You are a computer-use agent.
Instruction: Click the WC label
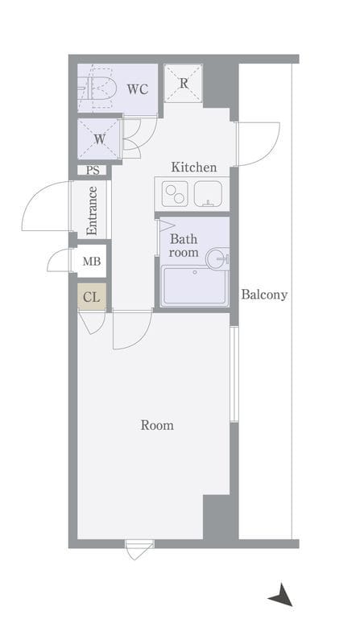pyautogui.click(x=137, y=89)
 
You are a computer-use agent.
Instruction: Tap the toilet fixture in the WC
pyautogui.click(x=97, y=89)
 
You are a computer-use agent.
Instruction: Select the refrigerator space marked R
pyautogui.click(x=184, y=83)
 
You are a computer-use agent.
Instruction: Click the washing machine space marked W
pyautogui.click(x=99, y=138)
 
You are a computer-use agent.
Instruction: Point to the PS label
pyautogui.click(x=93, y=170)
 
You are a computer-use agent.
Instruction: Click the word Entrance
pyautogui.click(x=92, y=211)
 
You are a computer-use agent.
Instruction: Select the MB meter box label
pyautogui.click(x=91, y=261)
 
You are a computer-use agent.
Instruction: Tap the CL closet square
pyautogui.click(x=92, y=296)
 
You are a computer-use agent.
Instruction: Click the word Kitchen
pyautogui.click(x=193, y=167)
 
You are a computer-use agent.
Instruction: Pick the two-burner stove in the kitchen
pyautogui.click(x=175, y=194)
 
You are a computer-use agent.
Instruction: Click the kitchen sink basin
pyautogui.click(x=208, y=193)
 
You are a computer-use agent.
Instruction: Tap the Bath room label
pyautogui.click(x=184, y=246)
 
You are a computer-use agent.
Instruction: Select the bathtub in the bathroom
pyautogui.click(x=195, y=286)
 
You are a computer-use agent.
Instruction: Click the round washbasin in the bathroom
pyautogui.click(x=217, y=258)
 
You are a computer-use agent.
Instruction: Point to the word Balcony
pyautogui.click(x=264, y=295)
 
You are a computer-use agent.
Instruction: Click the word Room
pyautogui.click(x=157, y=425)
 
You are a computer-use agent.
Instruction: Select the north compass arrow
pyautogui.click(x=281, y=596)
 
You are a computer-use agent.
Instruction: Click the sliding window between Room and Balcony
pyautogui.click(x=234, y=374)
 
